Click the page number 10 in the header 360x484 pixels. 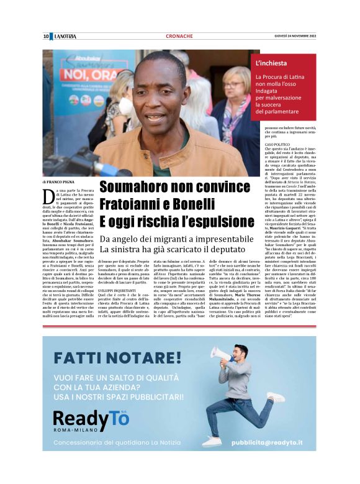[x=46, y=37]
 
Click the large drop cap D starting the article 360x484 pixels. [x=48, y=198]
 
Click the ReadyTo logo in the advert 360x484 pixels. [x=92, y=419]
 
